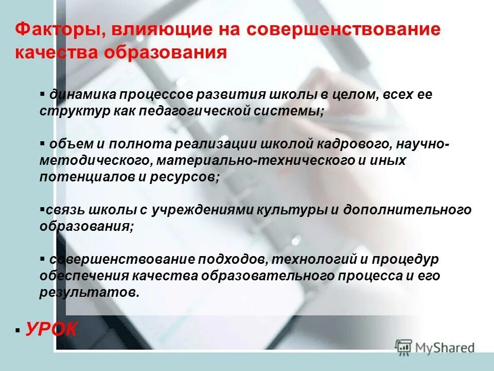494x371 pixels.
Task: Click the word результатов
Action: pyautogui.click(x=82, y=292)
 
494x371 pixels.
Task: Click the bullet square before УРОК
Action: pyautogui.click(x=18, y=330)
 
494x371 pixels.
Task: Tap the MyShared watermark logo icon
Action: pyautogui.click(x=403, y=347)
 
